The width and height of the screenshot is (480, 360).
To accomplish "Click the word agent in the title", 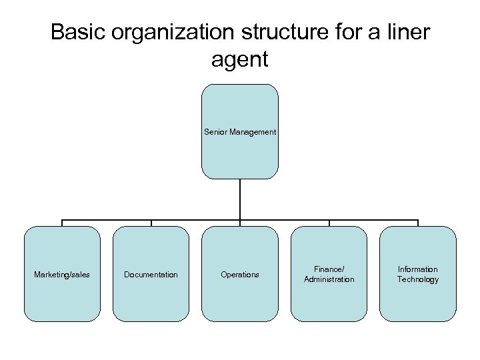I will [x=239, y=60].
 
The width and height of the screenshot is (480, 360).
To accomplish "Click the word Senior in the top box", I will [x=216, y=132].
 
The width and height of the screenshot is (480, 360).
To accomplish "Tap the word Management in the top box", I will [x=252, y=132].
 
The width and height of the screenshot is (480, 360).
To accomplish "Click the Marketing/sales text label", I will [x=62, y=275].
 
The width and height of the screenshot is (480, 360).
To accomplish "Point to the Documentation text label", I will [x=151, y=275].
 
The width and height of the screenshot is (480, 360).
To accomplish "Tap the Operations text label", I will [x=240, y=275].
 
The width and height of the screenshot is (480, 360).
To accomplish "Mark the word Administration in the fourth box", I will [x=329, y=279].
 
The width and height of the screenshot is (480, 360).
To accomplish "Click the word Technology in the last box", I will [x=418, y=279].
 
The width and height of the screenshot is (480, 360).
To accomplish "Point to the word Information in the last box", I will [x=418, y=269].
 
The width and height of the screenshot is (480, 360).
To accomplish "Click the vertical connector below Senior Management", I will [x=240, y=200].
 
